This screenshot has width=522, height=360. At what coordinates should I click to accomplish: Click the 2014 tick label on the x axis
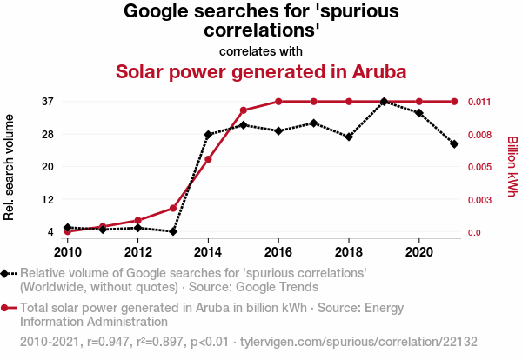(208, 252)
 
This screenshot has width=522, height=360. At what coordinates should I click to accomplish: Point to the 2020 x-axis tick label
(419, 252)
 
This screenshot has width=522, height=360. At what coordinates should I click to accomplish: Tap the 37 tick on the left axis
(48, 102)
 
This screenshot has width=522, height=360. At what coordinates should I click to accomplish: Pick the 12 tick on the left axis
(48, 199)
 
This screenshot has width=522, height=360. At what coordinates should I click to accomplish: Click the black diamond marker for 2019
(384, 102)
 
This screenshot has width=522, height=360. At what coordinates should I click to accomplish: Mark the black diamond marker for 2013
(173, 231)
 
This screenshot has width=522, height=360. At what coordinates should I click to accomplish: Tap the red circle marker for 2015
(244, 110)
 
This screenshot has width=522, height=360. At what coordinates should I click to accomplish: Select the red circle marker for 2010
(68, 231)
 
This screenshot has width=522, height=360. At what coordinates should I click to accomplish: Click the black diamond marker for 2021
(454, 143)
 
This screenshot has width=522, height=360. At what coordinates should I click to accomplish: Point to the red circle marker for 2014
(208, 159)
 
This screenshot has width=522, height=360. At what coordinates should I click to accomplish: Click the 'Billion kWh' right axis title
(512, 166)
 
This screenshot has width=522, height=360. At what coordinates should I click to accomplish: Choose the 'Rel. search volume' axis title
(10, 166)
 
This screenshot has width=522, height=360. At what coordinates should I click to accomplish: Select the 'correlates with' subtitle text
(261, 50)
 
